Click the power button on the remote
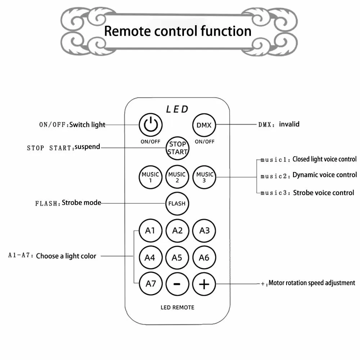150,125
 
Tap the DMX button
204,125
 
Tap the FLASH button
177,203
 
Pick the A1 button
150,230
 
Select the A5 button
177,257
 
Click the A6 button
204,257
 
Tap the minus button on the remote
177,284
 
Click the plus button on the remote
204,284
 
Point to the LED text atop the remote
177,109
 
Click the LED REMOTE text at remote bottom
177,307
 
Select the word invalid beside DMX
289,124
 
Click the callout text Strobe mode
81,203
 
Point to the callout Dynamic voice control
325,175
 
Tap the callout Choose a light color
66,256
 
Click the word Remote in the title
127,31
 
